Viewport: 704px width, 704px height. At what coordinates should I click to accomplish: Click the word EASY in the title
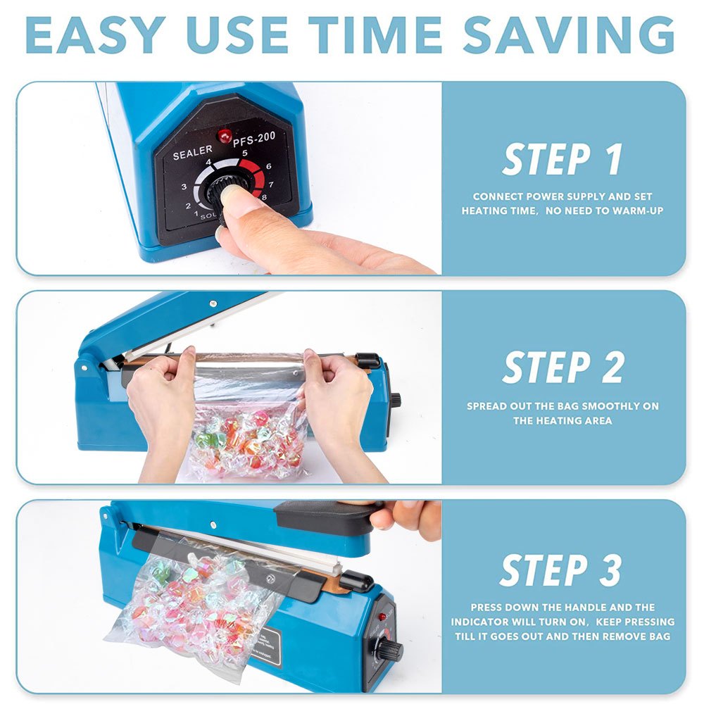tap(96, 35)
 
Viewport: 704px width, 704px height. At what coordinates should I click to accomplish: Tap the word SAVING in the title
tap(569, 35)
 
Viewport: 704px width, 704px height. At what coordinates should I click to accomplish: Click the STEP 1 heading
tap(562, 159)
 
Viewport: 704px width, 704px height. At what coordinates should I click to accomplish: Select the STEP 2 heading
tap(563, 367)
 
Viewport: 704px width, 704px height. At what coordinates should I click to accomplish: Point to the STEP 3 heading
tap(561, 570)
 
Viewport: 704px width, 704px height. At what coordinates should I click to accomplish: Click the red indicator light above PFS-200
tap(225, 136)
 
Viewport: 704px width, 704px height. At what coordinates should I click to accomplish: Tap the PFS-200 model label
tap(253, 139)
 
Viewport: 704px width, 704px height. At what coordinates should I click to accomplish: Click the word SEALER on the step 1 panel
tap(193, 153)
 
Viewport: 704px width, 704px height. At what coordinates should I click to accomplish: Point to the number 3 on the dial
tap(184, 187)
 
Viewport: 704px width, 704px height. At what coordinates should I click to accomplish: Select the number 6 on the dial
tap(268, 166)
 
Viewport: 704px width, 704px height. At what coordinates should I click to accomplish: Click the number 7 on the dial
tap(271, 184)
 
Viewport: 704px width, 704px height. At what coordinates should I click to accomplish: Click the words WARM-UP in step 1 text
tap(638, 210)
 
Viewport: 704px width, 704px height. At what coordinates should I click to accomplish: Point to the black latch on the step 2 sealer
tap(367, 360)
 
